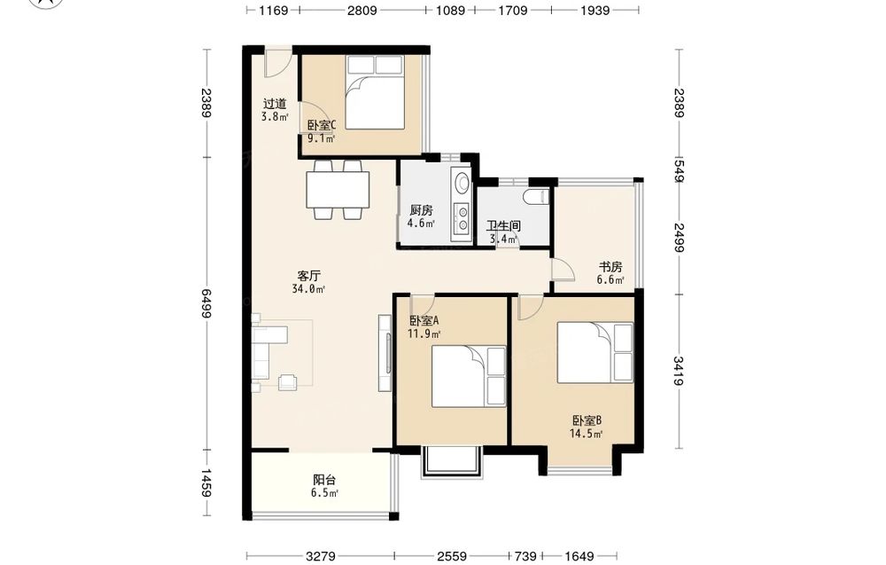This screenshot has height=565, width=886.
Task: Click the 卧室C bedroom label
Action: click(x=322, y=125)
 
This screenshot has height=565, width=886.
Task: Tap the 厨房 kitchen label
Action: click(x=422, y=210)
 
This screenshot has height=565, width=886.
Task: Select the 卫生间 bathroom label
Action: click(x=503, y=226)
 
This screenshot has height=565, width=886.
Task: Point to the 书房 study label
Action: click(x=610, y=267)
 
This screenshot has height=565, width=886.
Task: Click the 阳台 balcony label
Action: click(x=324, y=480)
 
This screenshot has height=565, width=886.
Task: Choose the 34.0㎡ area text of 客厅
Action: click(x=308, y=289)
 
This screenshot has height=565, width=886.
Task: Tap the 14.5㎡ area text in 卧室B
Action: click(x=586, y=435)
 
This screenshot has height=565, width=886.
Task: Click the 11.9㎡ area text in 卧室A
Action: click(x=424, y=334)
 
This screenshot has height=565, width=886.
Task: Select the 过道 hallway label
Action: click(x=275, y=104)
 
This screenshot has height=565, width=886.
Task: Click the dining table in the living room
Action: click(x=338, y=190)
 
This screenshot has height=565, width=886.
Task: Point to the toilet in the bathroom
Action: click(x=536, y=197)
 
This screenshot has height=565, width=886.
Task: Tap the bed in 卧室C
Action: click(x=375, y=92)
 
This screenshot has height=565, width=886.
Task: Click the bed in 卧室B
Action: click(x=595, y=353)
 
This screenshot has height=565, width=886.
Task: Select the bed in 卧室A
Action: click(x=469, y=377)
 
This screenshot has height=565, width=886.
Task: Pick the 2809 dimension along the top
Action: click(x=362, y=10)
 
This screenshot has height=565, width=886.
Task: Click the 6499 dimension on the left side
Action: click(x=206, y=303)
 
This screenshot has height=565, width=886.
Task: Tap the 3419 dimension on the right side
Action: click(x=679, y=371)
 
